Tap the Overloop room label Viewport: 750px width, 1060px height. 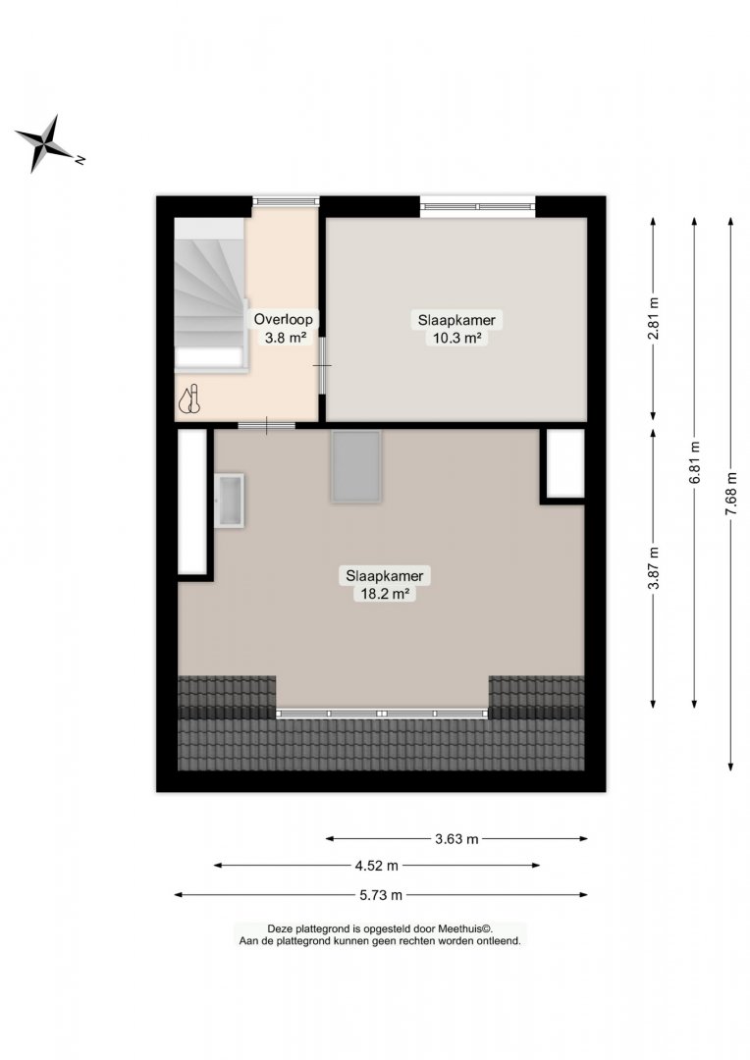(284, 319)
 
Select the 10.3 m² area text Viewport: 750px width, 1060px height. (456, 338)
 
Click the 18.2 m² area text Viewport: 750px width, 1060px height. (384, 594)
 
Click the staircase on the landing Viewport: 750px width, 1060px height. (210, 294)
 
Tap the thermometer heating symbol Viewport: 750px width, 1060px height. (189, 399)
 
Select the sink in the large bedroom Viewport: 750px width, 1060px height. (230, 501)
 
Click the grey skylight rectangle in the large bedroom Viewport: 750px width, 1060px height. (355, 466)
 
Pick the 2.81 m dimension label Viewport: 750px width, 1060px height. (653, 319)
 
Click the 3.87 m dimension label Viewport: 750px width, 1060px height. (653, 568)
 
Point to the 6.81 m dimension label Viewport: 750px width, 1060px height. (695, 463)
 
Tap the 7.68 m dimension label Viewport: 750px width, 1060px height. (730, 494)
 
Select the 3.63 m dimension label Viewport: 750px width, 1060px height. (456, 839)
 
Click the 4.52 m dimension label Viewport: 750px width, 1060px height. (377, 866)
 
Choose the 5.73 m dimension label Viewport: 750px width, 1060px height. (381, 895)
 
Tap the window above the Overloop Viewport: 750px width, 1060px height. (286, 201)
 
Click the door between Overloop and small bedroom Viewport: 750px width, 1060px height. (323, 366)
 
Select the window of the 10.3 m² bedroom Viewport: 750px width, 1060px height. (477, 206)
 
